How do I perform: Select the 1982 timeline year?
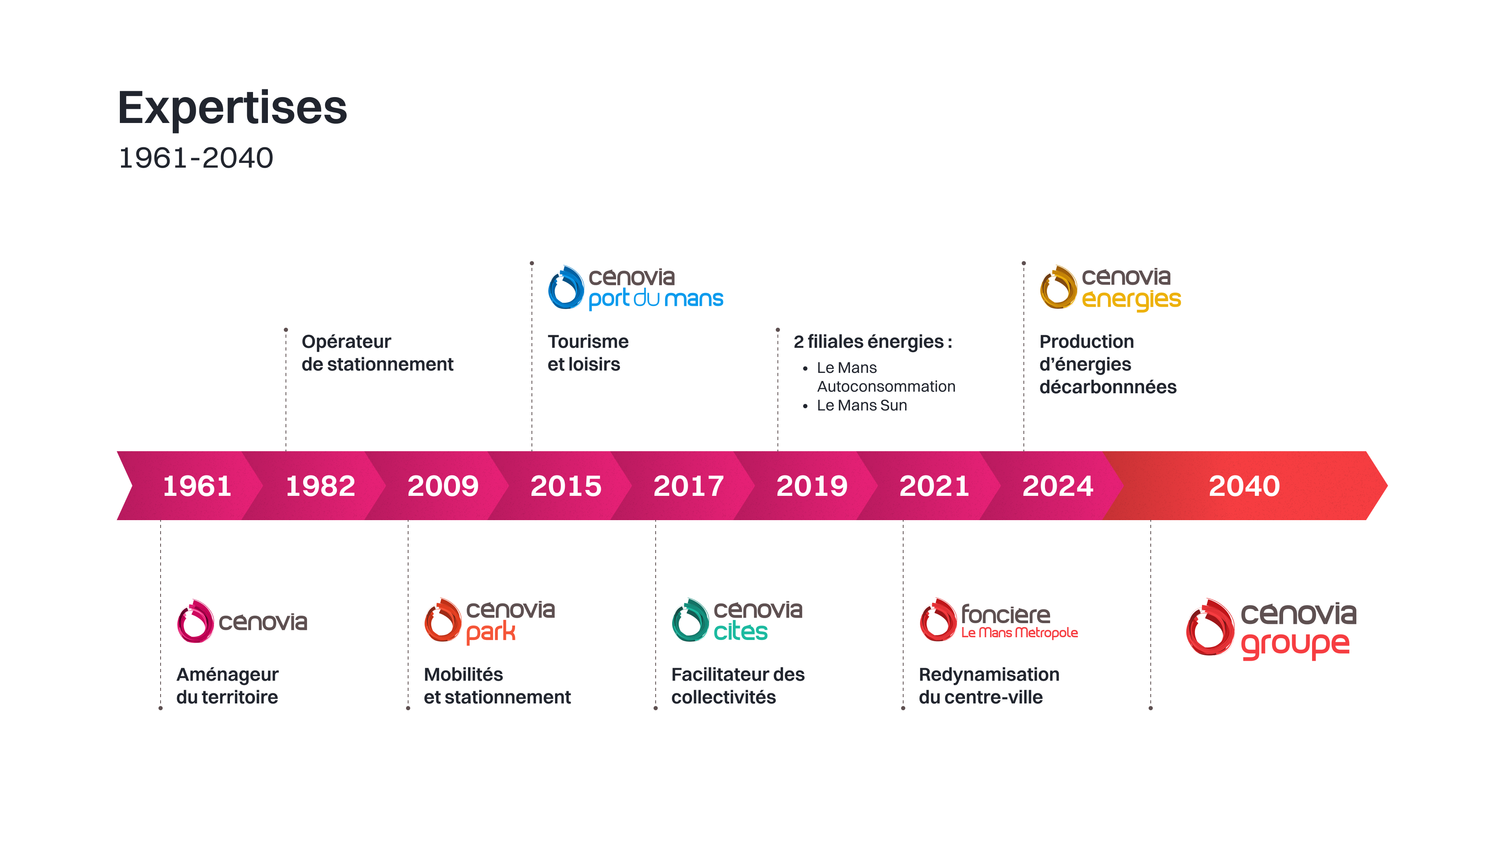click(320, 486)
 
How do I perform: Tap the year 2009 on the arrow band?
click(443, 486)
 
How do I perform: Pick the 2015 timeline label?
click(566, 486)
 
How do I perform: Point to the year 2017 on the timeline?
click(689, 486)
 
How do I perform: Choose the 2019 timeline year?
click(812, 486)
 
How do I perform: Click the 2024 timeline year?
click(1057, 486)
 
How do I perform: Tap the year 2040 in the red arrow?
click(1244, 486)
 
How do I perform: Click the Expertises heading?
click(232, 108)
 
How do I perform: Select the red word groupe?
click(1295, 645)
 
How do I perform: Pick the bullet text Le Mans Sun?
click(862, 405)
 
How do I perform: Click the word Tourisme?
click(588, 342)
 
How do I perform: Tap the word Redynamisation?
click(989, 674)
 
